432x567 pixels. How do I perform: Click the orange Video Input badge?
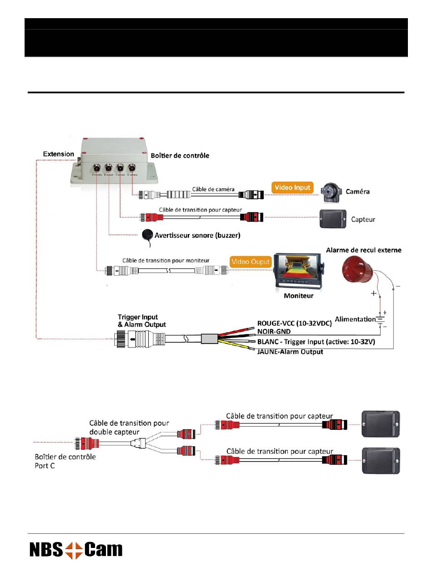coord(293,187)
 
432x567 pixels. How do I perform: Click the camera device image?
coord(331,192)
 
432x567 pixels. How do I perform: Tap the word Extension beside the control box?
coord(59,154)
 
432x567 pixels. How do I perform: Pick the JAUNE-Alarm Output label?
coord(290,352)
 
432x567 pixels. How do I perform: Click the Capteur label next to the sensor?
coord(363,219)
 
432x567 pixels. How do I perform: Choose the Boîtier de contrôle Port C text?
coord(65,461)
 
